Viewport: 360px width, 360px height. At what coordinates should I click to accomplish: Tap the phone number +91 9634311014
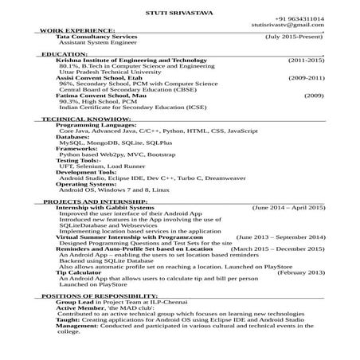click(x=299, y=18)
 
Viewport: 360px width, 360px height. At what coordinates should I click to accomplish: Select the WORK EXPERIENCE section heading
click(x=65, y=30)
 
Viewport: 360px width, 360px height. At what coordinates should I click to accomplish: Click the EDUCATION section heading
click(x=63, y=54)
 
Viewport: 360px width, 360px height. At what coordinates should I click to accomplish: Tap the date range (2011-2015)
click(x=306, y=61)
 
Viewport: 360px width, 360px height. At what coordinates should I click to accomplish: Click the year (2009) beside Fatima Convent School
click(x=313, y=96)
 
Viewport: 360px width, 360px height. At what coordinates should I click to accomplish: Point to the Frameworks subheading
click(x=77, y=148)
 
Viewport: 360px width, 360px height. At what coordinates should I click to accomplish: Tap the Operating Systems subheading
click(x=87, y=183)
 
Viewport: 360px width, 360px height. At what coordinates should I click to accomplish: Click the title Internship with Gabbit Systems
click(x=105, y=208)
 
